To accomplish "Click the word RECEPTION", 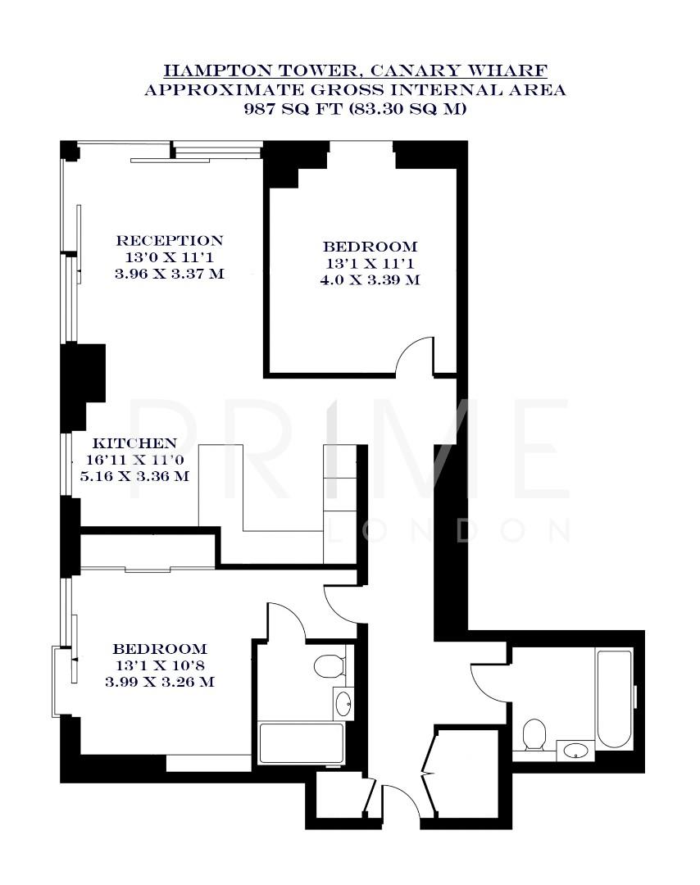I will (x=169, y=240).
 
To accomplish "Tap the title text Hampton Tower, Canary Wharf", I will (x=355, y=71).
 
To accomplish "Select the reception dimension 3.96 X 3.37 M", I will (x=169, y=274).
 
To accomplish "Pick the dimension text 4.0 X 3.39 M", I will (x=370, y=279).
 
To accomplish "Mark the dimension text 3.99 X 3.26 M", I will (x=160, y=681).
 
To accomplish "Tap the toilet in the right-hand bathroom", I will (x=534, y=734).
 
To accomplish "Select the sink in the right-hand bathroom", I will (x=576, y=750).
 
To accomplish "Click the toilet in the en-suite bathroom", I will (x=329, y=665).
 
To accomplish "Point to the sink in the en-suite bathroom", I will (x=343, y=702).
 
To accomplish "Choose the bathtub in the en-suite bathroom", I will (x=300, y=742).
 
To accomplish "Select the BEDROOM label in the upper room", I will (x=370, y=246).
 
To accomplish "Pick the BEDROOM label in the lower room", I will (x=160, y=648).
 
